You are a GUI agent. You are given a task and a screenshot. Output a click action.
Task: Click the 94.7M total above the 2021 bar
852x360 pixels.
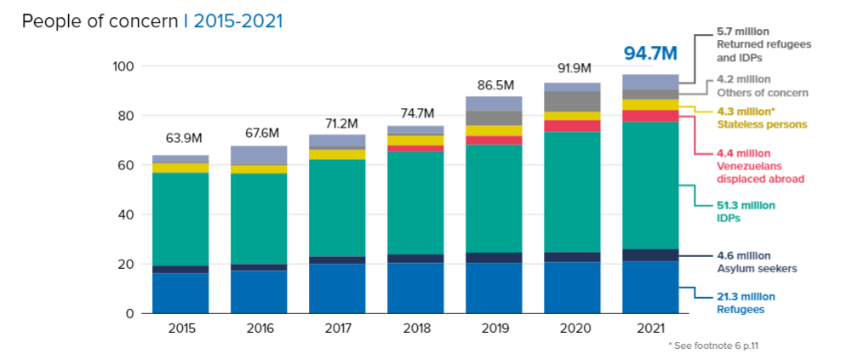[650, 54]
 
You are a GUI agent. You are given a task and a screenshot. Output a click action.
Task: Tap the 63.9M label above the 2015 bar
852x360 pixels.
[180, 138]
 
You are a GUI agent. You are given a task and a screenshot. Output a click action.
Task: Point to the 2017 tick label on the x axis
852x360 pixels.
[337, 329]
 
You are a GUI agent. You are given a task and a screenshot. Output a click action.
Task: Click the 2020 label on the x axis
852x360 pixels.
[572, 329]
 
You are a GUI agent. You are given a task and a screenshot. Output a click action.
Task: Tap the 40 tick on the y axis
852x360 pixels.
[127, 214]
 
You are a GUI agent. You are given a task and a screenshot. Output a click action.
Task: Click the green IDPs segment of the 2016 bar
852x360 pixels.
[259, 219]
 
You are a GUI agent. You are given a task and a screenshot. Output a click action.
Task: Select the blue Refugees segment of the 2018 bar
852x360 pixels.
[415, 289]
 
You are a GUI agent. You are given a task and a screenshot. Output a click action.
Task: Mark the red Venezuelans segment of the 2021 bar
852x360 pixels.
[650, 116]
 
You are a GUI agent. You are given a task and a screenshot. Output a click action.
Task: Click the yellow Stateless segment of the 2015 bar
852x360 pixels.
[180, 168]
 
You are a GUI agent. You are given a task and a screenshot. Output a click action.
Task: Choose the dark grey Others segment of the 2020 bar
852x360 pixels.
[572, 101]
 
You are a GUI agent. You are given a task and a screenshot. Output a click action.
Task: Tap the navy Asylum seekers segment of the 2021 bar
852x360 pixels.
[650, 255]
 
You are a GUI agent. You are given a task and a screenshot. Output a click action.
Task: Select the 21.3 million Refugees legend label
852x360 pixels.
[744, 303]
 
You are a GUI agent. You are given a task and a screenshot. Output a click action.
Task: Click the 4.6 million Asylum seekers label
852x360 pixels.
[749, 262]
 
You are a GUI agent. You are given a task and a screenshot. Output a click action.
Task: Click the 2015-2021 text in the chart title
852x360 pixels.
[238, 21]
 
